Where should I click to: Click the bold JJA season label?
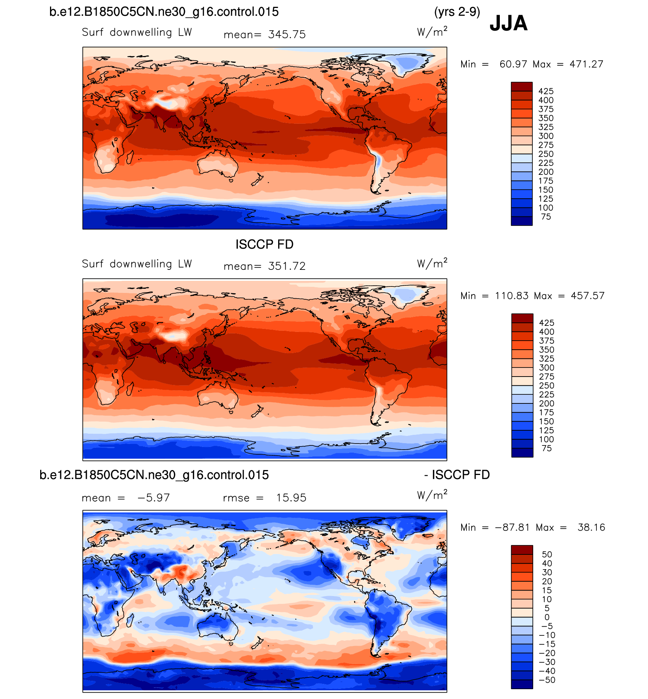point(508,23)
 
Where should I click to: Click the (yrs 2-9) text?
point(457,12)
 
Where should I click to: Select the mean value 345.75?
point(286,35)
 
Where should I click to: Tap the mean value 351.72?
point(286,266)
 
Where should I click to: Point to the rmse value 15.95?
point(291,498)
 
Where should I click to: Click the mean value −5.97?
point(153,498)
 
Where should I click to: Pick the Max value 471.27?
point(586,64)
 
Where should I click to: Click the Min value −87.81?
point(512,528)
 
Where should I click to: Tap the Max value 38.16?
point(591,528)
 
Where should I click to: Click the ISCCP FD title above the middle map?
point(265,244)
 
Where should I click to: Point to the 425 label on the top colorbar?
point(546,91)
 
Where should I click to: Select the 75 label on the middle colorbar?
point(546,448)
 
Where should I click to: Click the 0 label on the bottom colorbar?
point(547,617)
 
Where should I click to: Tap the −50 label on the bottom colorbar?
point(547,680)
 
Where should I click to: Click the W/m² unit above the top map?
point(432,32)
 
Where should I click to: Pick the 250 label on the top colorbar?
point(546,154)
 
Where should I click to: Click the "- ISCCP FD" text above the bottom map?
point(457,475)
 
